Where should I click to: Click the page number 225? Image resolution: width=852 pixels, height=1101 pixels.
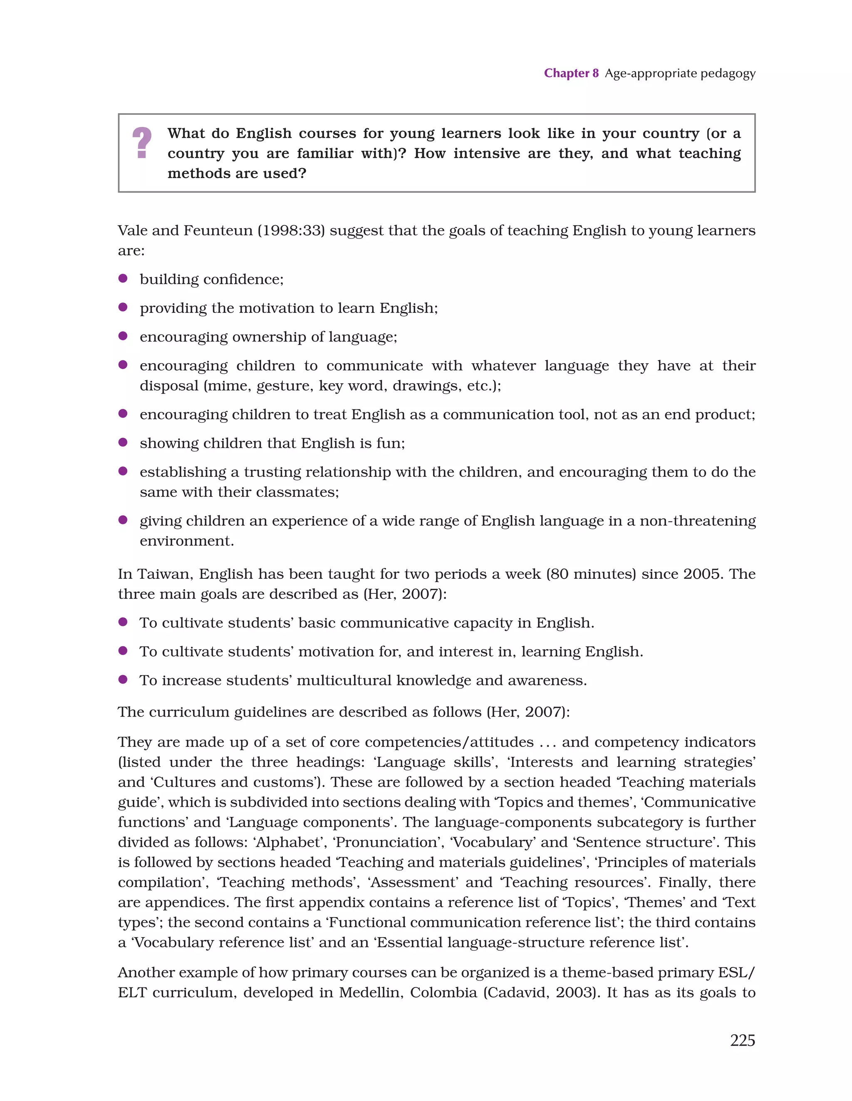coord(742,1040)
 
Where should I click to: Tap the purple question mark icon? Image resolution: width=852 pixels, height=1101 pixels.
coord(142,143)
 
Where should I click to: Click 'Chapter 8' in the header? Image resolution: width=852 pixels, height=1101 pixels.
coord(571,73)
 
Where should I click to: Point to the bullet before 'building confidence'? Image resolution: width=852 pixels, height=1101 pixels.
coord(122,278)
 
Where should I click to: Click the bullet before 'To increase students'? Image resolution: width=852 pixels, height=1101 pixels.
coord(122,679)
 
